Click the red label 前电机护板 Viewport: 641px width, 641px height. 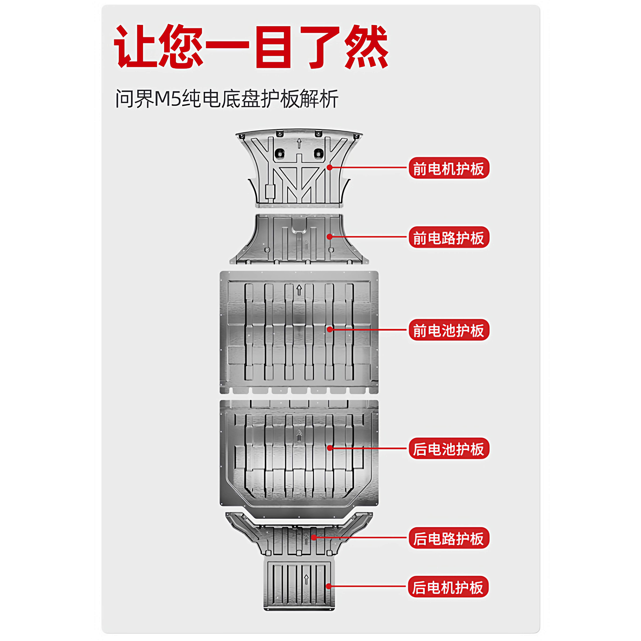[x=448, y=168]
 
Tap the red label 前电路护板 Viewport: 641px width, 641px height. [x=448, y=237]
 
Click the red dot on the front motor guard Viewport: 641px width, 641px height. [x=330, y=167]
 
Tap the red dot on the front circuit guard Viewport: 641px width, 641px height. [x=330, y=237]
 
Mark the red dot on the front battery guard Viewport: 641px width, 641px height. [x=330, y=330]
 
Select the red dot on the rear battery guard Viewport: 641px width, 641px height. [x=330, y=448]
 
